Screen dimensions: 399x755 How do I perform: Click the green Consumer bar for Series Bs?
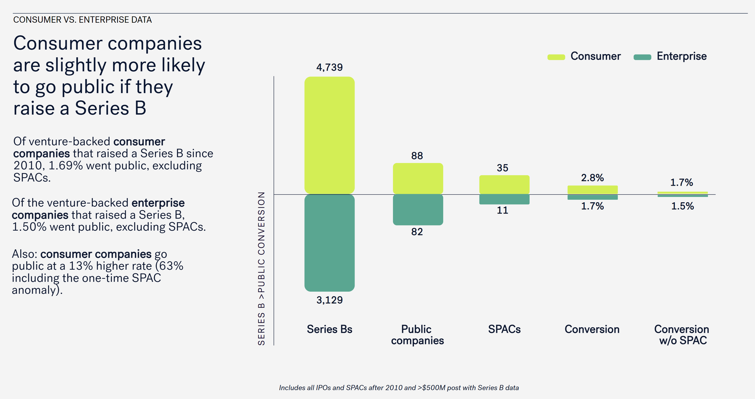pos(329,135)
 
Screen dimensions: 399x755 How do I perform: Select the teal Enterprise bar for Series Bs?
pos(329,243)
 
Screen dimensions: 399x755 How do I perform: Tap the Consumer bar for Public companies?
pos(418,178)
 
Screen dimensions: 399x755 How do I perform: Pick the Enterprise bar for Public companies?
pos(418,210)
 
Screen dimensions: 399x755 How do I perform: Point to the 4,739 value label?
pos(329,67)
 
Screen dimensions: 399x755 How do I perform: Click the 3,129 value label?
pos(329,300)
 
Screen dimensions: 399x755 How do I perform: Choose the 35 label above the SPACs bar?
pos(502,168)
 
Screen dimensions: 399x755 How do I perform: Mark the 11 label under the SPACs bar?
pos(502,210)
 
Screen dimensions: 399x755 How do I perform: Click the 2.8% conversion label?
pos(592,178)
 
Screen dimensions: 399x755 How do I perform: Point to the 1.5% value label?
pos(682,206)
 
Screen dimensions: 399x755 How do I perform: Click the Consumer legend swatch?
pos(556,57)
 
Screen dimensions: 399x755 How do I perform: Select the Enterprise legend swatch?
pos(642,57)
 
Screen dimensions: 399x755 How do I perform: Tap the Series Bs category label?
pos(329,329)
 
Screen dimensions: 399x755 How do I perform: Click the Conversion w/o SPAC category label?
pos(682,335)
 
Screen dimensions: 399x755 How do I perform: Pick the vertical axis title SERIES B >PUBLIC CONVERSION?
pos(261,268)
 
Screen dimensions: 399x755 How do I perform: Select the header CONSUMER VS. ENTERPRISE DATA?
pos(82,20)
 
